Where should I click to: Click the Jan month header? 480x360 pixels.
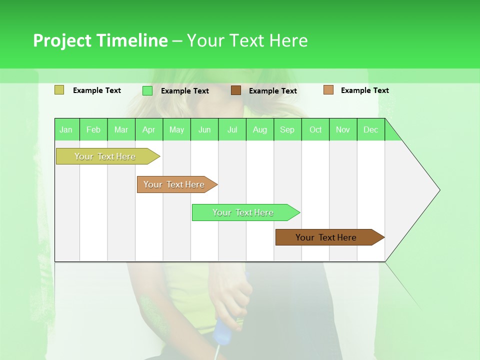click(x=66, y=129)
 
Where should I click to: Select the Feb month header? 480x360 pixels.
click(x=93, y=129)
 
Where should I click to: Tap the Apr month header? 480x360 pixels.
click(x=148, y=129)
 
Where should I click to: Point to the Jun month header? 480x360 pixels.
click(x=204, y=129)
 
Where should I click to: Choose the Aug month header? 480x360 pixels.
click(x=259, y=129)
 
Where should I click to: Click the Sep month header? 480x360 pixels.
click(x=287, y=129)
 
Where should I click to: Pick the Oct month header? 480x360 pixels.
click(x=315, y=129)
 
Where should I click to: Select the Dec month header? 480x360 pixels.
click(x=370, y=129)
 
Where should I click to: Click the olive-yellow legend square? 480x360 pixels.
click(x=59, y=90)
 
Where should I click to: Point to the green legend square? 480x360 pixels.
click(x=147, y=90)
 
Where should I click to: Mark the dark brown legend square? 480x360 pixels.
click(x=236, y=90)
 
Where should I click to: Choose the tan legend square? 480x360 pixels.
click(x=328, y=90)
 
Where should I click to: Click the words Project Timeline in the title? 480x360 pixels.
click(x=100, y=40)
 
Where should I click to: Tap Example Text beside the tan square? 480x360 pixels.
click(x=364, y=90)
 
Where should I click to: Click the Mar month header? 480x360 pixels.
click(x=121, y=129)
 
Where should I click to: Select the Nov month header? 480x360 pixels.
click(x=342, y=129)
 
